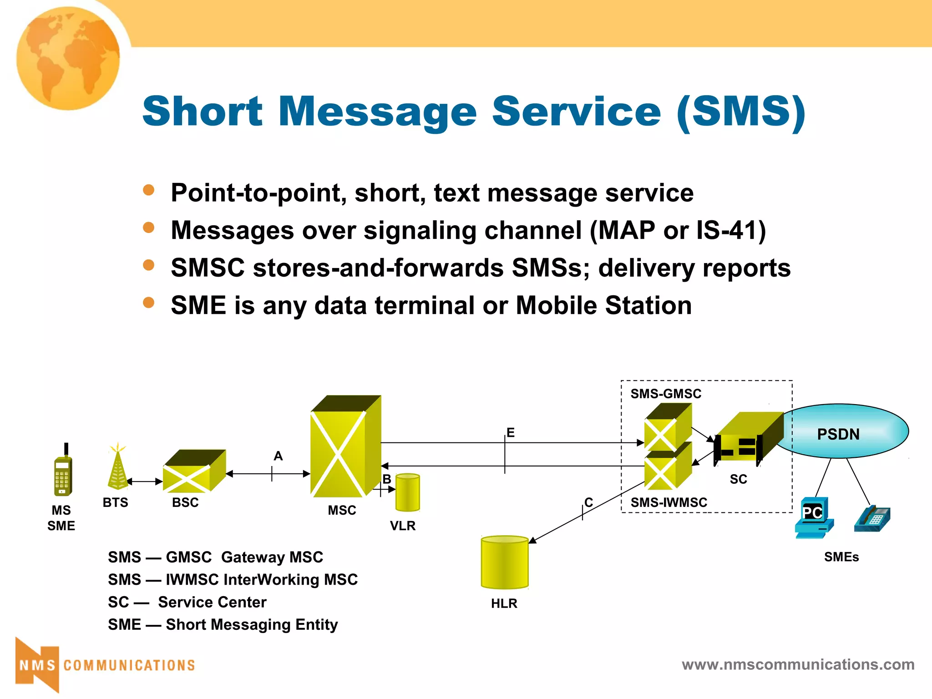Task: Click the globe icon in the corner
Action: [68, 58]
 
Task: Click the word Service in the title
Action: [576, 111]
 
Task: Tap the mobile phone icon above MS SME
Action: [63, 473]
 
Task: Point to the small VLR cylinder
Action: [407, 493]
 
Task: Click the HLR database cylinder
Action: [504, 562]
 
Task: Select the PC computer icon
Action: [814, 518]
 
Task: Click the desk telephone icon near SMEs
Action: [872, 520]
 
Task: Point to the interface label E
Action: [511, 433]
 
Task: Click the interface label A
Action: [278, 456]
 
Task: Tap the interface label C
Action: [588, 502]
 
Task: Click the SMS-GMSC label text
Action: [665, 394]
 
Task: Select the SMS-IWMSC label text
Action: [669, 503]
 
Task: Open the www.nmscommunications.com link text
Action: [798, 665]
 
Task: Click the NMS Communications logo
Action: [105, 665]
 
